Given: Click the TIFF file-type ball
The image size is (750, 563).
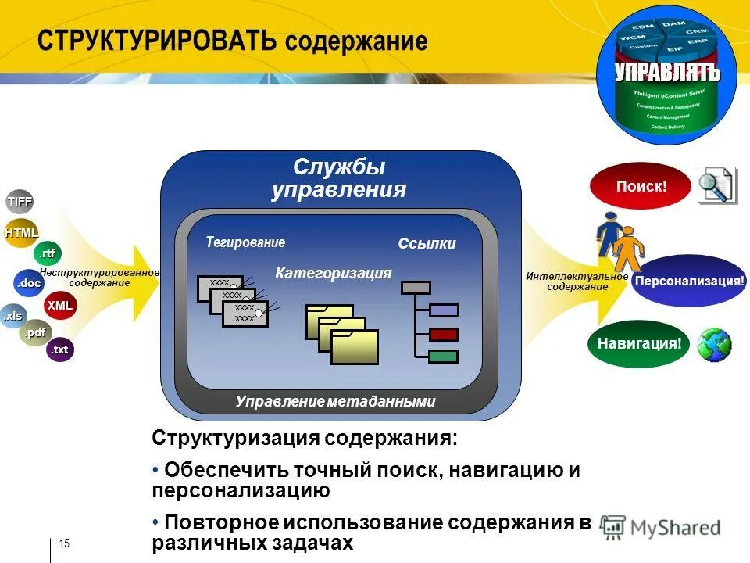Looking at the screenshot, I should [x=20, y=202].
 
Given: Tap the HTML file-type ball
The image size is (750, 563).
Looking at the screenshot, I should [x=21, y=233].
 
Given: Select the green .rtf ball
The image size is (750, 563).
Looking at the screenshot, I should [x=48, y=253].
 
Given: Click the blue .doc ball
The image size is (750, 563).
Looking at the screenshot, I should [x=30, y=283].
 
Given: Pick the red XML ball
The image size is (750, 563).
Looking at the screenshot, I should [x=60, y=306].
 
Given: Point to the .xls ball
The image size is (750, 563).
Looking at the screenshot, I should [x=12, y=317].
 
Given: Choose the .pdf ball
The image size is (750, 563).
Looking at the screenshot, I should [x=34, y=334].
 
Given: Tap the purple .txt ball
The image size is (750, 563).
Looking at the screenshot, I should [x=60, y=350].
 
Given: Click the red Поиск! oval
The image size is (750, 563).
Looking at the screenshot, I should [x=641, y=187].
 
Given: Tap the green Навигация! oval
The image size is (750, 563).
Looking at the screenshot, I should [x=639, y=343].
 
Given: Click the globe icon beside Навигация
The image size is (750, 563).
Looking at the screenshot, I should [x=714, y=344].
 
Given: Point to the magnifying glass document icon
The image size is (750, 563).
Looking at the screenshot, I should [x=716, y=185].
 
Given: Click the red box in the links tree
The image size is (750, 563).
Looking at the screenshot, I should [x=443, y=334].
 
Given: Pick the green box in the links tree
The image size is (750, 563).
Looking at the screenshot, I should [x=443, y=356].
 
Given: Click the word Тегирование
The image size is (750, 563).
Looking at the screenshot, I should [x=245, y=242].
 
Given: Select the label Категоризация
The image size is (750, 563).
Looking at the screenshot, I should [x=333, y=273].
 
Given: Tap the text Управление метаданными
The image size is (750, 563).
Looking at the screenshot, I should [x=334, y=402].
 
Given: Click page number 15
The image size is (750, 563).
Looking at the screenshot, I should [x=65, y=544].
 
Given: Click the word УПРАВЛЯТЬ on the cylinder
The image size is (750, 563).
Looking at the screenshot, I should [x=666, y=73].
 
